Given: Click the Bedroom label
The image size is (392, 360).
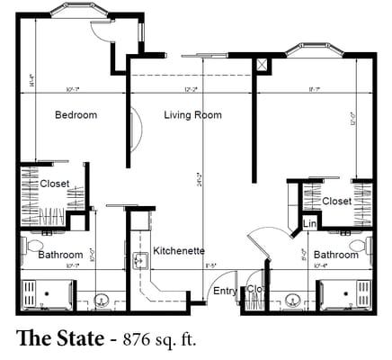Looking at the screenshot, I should (76, 115).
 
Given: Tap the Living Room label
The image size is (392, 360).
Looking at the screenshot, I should (192, 115).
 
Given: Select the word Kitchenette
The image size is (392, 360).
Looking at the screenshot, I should (179, 250).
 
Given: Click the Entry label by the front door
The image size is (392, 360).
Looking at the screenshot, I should (223, 291).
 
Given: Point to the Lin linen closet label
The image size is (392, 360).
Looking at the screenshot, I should (310, 223).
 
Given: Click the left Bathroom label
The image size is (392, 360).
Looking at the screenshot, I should (60, 255).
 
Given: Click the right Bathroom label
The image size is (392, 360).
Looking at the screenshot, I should (336, 255).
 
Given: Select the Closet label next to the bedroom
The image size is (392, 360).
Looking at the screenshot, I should (55, 184).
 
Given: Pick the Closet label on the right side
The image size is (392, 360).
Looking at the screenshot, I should (336, 202).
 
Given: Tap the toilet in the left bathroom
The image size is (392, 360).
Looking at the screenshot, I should (34, 244).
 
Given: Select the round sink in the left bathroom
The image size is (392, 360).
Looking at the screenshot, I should (100, 300).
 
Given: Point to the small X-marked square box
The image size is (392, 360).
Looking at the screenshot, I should (262, 65).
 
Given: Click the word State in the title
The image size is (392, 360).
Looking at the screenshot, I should (74, 339).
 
